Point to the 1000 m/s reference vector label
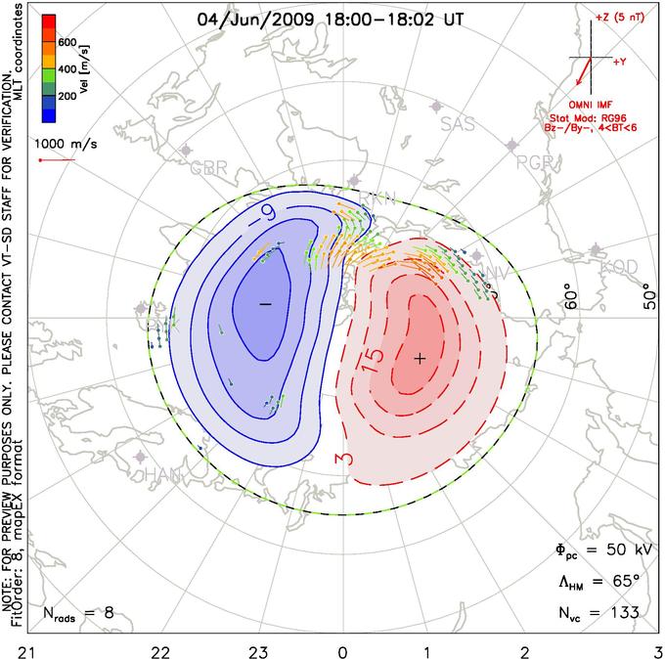pyautogui.click(x=62, y=143)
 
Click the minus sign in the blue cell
pyautogui.click(x=264, y=305)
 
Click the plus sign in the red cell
pyautogui.click(x=420, y=359)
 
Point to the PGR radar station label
pyautogui.click(x=535, y=161)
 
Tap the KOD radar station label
pyautogui.click(x=618, y=266)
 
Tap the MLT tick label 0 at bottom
pyautogui.click(x=342, y=649)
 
